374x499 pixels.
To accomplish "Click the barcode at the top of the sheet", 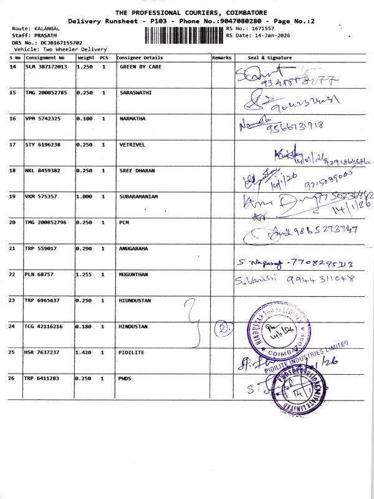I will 183,35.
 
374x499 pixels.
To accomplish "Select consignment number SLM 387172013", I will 47,66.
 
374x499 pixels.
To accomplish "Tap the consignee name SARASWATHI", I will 135,92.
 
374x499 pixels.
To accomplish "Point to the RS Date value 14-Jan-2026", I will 269,36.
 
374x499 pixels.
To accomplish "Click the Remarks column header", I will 221,57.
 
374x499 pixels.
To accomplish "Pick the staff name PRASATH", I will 47,36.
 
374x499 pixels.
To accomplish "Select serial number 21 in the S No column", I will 13,248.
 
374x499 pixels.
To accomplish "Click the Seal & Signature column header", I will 270,57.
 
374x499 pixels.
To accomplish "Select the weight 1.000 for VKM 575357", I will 84,196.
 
